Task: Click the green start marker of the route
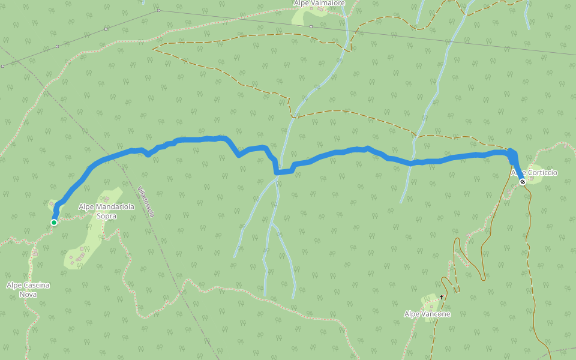pyautogui.click(x=53, y=223)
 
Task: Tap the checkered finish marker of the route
pyautogui.click(x=523, y=181)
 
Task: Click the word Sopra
pyautogui.click(x=106, y=215)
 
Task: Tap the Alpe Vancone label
pyautogui.click(x=427, y=314)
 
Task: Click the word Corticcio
pyautogui.click(x=542, y=173)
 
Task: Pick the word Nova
pyautogui.click(x=28, y=294)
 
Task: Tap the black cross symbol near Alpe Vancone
pyautogui.click(x=441, y=296)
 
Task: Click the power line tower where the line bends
pyautogui.click(x=158, y=10)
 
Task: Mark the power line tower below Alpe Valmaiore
pyautogui.click(x=311, y=26)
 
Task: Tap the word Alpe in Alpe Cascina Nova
pyautogui.click(x=15, y=285)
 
